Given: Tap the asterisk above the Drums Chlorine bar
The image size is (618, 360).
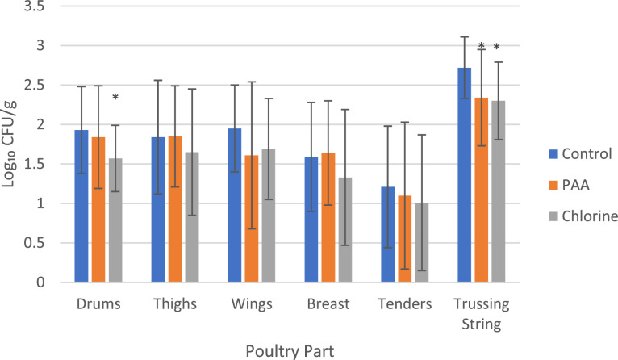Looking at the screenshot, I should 115,98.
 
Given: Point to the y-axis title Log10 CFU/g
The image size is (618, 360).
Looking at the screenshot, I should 10,145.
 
